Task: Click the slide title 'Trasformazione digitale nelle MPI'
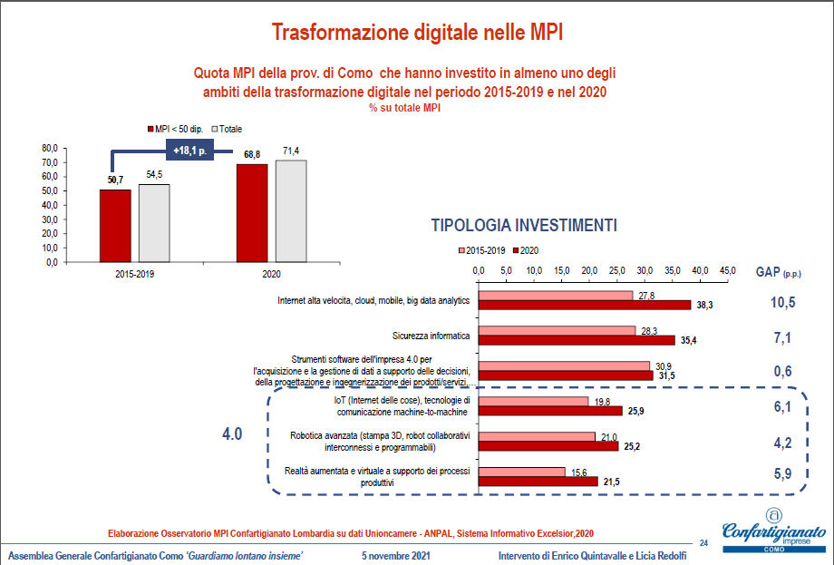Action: tap(417, 34)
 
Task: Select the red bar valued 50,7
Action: tap(115, 225)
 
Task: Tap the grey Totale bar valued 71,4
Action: tap(291, 210)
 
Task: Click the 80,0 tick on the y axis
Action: tap(50, 148)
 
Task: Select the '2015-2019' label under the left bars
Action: tap(135, 272)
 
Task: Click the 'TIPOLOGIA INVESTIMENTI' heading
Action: tap(524, 224)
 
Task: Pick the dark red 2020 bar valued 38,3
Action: tap(584, 305)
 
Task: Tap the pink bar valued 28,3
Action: tap(557, 331)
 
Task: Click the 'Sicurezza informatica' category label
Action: tap(431, 336)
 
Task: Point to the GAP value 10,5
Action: tap(782, 302)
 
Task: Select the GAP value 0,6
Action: tap(782, 370)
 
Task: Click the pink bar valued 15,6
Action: tap(521, 472)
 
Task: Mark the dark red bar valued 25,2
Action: tap(548, 446)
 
